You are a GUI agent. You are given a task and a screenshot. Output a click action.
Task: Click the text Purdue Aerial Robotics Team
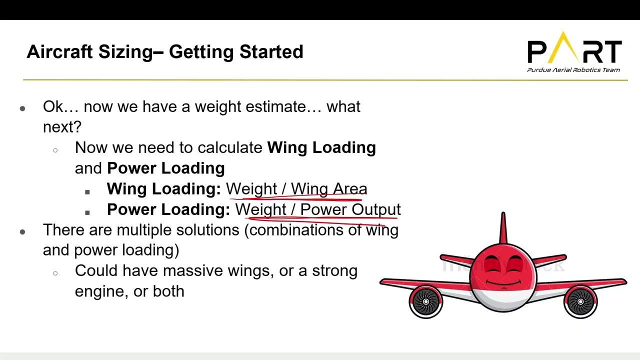[x=573, y=70]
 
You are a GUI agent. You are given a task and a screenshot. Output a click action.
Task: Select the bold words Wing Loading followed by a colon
[x=163, y=189]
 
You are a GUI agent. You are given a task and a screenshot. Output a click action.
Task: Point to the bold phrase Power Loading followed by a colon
[x=168, y=209]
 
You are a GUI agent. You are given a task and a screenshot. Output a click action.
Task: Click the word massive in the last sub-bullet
[x=193, y=271]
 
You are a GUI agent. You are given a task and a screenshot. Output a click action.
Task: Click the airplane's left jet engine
[x=426, y=301]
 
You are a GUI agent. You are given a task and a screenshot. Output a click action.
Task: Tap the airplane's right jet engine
[x=580, y=301]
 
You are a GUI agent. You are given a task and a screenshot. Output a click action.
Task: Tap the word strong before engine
[x=334, y=271]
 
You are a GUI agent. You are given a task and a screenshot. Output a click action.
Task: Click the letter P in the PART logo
[x=537, y=51]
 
